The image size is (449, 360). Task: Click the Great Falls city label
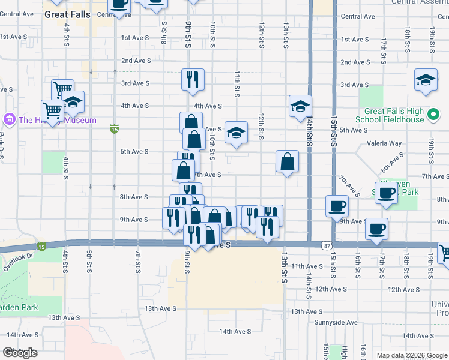click(67, 15)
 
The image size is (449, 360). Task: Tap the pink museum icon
click(8, 120)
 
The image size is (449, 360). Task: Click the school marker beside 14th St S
click(300, 107)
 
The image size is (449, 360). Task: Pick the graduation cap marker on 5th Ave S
click(236, 133)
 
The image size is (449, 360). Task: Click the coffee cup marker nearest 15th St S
click(337, 206)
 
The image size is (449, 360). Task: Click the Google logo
click(20, 353)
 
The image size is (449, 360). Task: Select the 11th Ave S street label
click(307, 266)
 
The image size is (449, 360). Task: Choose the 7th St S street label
click(139, 262)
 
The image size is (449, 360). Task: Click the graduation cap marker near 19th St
click(426, 80)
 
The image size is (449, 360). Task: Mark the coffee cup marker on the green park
click(387, 193)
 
